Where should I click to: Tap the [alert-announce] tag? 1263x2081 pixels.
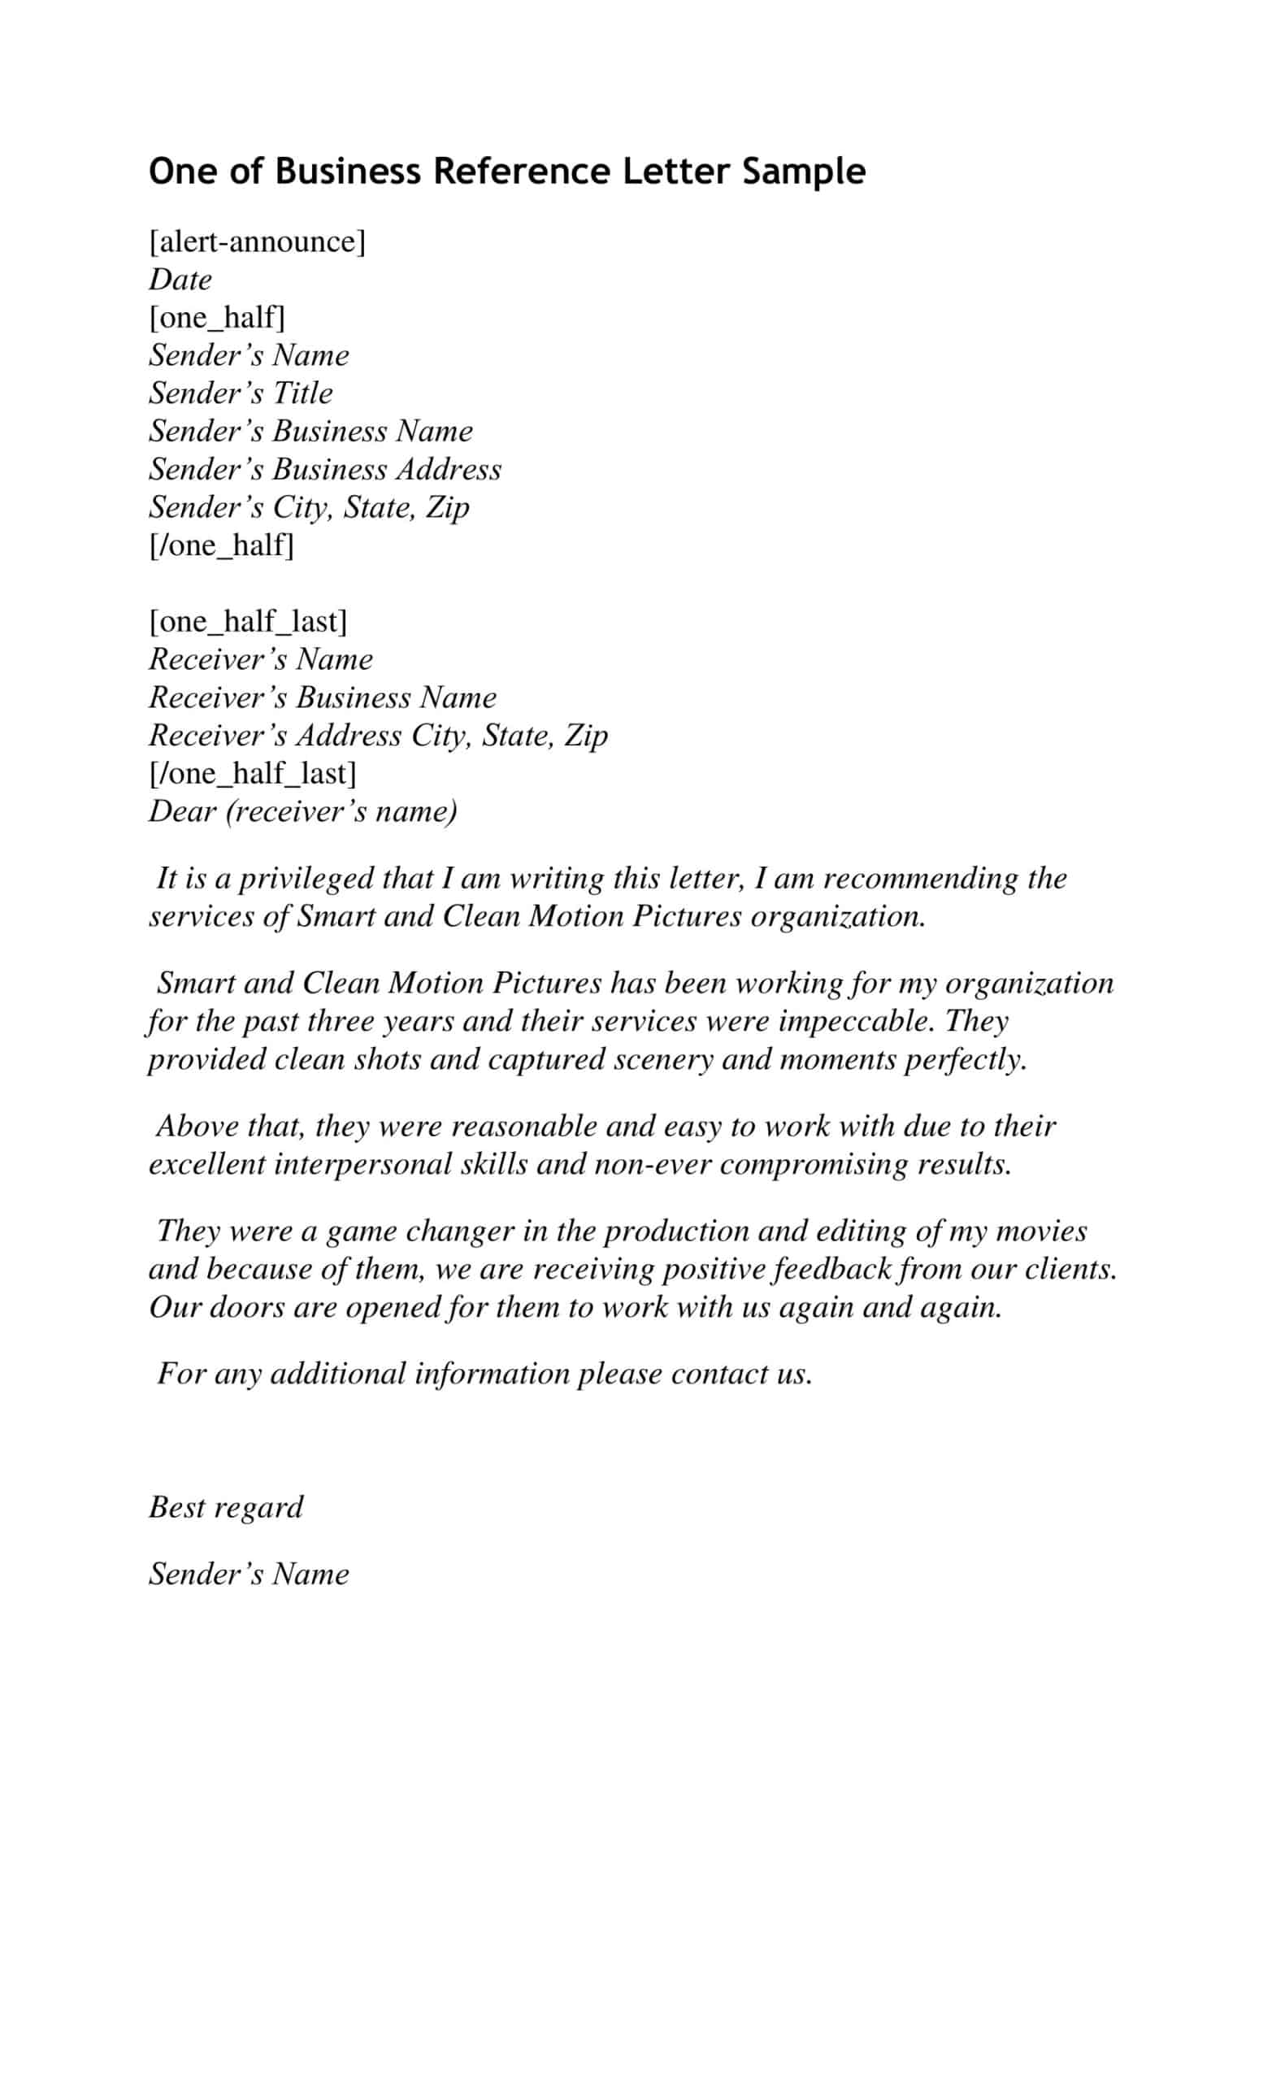point(258,241)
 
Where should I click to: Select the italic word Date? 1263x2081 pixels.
point(180,280)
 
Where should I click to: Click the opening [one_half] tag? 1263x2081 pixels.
point(217,318)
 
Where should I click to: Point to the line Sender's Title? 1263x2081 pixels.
point(241,393)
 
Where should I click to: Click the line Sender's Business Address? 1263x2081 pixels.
point(325,469)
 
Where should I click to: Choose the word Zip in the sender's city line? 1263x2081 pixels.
point(448,506)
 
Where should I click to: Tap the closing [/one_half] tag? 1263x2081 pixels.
point(221,545)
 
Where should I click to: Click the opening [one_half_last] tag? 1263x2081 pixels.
point(248,621)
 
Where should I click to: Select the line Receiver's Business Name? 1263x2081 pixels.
point(323,697)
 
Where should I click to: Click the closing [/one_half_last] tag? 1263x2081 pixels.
point(253,773)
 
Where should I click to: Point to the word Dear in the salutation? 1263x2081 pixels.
point(181,810)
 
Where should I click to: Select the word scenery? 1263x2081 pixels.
point(662,1059)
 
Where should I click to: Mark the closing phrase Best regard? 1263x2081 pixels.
point(225,1507)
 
